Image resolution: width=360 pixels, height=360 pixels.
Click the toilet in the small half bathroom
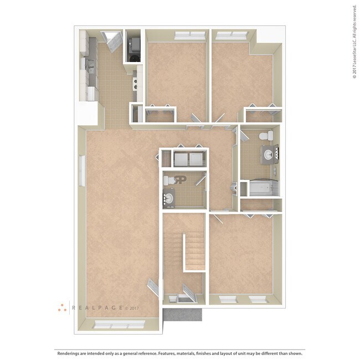[x=181, y=180]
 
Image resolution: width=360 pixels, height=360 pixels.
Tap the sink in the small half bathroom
[x=169, y=198]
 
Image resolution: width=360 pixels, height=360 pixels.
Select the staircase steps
[x=193, y=252]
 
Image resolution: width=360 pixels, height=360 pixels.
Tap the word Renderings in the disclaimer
[x=68, y=352]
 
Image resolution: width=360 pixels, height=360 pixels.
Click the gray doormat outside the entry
[x=183, y=314]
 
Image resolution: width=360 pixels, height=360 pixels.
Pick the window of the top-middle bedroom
[x=189, y=35]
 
